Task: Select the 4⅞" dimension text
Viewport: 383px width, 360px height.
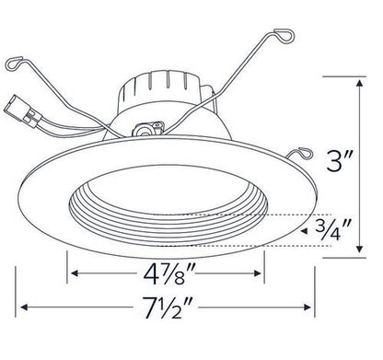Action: (x=167, y=274)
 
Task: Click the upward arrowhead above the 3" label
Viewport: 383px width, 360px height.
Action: (x=357, y=82)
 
